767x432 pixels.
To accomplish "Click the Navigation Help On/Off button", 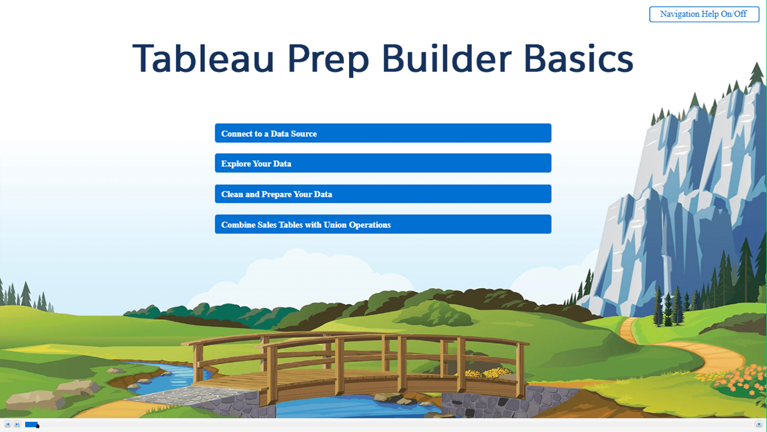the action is pos(704,14).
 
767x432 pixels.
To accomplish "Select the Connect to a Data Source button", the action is pos(383,133).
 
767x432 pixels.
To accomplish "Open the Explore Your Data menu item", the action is pos(383,163).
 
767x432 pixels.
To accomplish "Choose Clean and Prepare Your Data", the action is pos(383,194).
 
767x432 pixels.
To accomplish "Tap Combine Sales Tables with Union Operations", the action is pos(383,224).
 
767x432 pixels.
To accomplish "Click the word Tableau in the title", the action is pos(203,58).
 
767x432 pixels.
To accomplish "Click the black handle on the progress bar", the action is pos(38,426).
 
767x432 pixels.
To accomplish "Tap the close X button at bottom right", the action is pos(759,424).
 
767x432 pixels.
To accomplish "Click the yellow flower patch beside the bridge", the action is pos(486,373).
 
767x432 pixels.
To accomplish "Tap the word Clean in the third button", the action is pos(232,194).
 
